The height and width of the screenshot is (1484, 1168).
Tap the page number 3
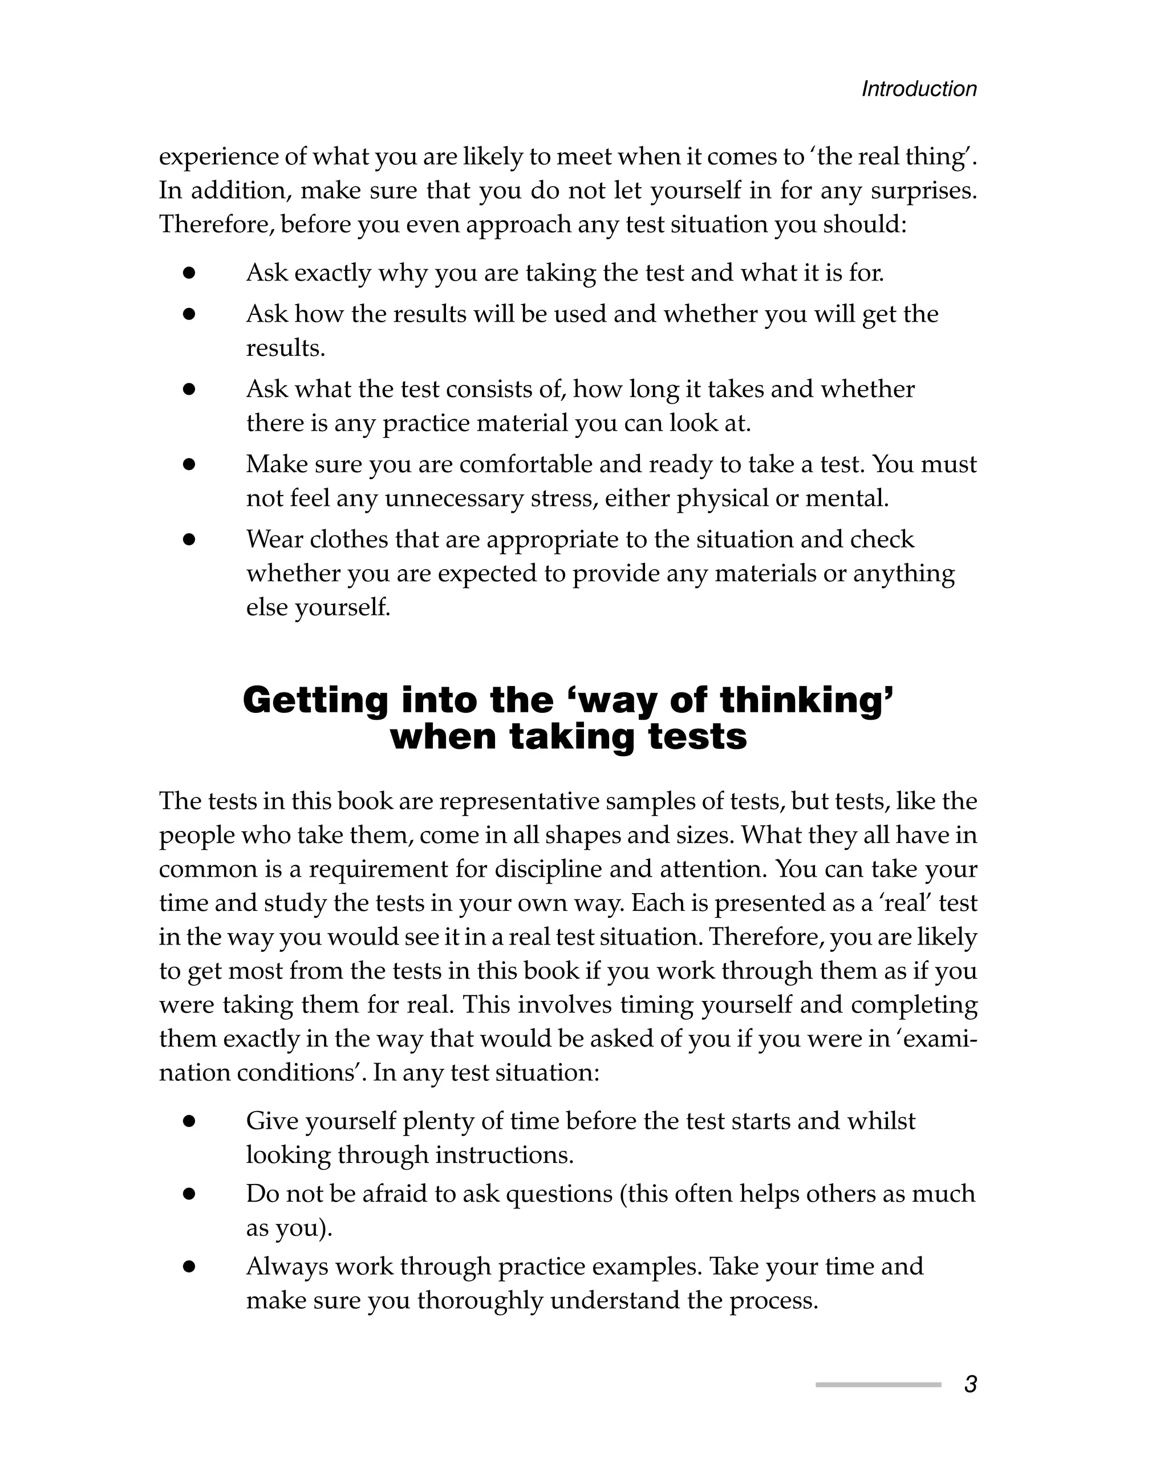click(x=970, y=1384)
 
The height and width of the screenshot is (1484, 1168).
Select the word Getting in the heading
click(x=315, y=700)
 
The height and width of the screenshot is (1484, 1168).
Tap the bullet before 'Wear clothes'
click(x=189, y=540)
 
